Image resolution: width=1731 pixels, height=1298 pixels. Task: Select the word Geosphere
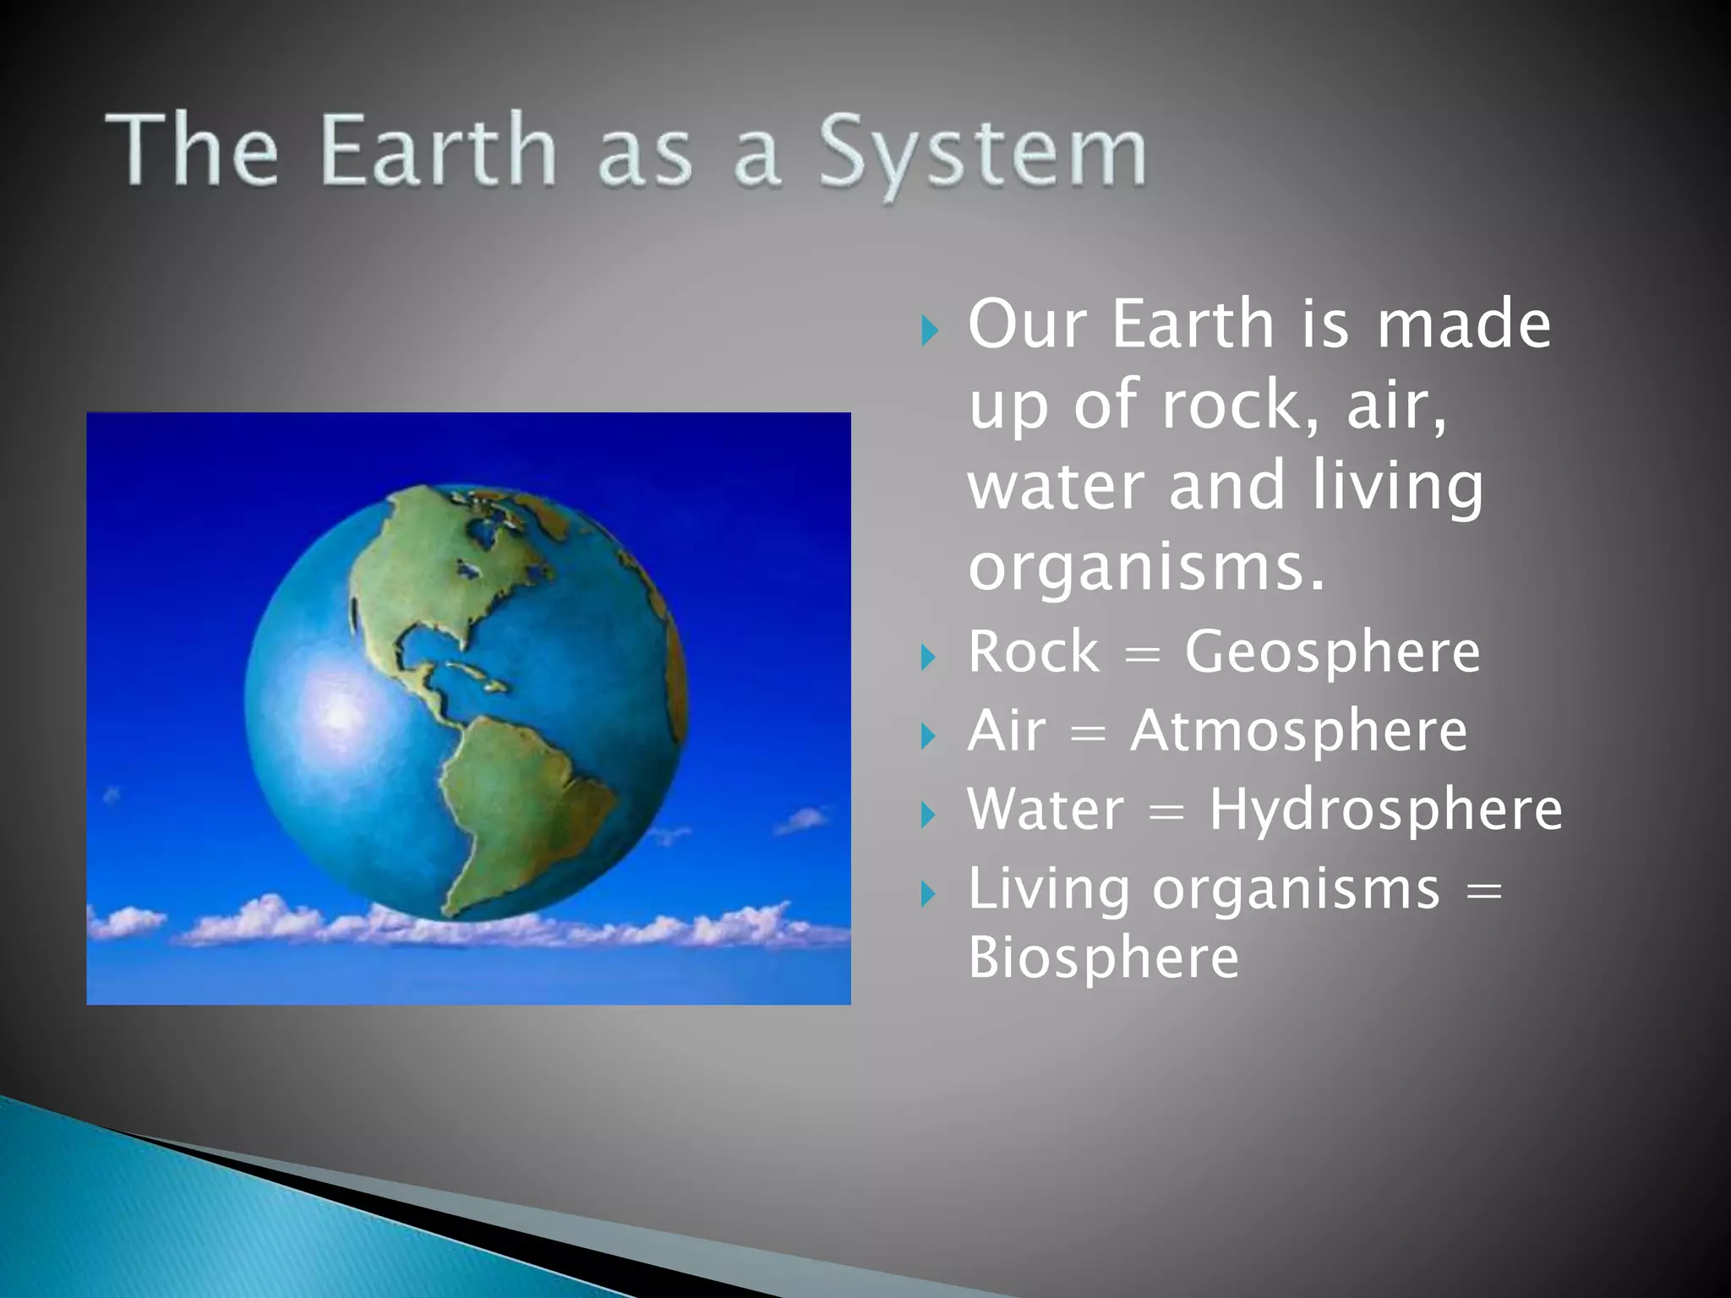[x=1332, y=652]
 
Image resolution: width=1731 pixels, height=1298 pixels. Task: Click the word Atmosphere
[x=1299, y=731]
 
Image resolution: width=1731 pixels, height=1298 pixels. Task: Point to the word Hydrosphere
[x=1385, y=810]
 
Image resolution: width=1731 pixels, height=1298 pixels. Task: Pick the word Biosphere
[x=1103, y=957]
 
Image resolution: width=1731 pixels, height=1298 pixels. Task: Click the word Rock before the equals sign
[x=1034, y=652]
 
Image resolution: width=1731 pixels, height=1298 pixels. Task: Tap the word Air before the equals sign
[x=1006, y=731]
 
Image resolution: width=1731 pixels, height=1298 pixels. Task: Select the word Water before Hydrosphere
[x=1046, y=810]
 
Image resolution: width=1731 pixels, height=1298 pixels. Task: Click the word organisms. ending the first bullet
[x=1146, y=568]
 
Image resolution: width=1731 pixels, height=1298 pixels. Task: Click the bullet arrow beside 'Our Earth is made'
[x=930, y=330]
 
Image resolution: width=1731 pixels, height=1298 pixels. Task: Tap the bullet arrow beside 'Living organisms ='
[x=929, y=893]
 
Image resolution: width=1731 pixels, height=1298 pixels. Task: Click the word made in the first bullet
[x=1464, y=324]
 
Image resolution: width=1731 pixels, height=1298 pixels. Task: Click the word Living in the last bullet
[x=1048, y=890]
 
